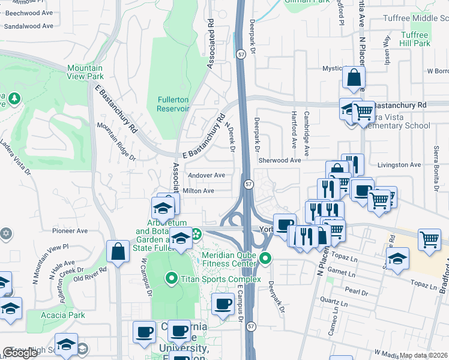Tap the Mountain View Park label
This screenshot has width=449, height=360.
click(85, 72)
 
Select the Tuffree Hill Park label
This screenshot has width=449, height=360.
click(415, 39)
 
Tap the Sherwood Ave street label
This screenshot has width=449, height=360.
click(279, 160)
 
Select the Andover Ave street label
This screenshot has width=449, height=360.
click(206, 175)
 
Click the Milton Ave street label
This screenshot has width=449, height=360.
click(198, 191)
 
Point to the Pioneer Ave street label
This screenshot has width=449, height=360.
click(70, 230)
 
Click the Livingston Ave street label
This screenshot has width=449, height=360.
click(399, 164)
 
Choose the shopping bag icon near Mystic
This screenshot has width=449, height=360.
click(354, 77)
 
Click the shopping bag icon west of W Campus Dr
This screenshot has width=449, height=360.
click(118, 252)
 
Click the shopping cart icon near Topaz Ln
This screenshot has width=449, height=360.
click(430, 240)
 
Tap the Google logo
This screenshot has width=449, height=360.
click(20, 353)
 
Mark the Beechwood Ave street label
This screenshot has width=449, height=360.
click(26, 11)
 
